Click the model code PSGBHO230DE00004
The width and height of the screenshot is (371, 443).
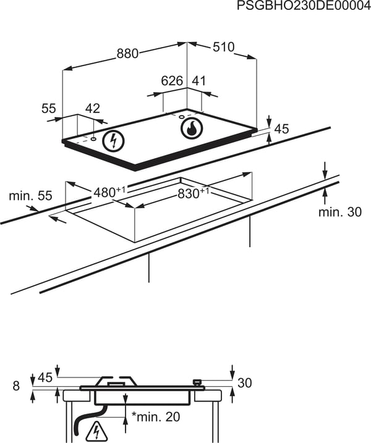point(304,6)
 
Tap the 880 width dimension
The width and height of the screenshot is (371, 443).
point(127,53)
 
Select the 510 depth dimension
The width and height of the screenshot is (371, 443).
point(223,47)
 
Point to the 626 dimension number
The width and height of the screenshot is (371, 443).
point(173,81)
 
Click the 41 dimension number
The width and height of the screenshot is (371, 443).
point(198,81)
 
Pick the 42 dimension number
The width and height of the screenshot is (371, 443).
point(93,109)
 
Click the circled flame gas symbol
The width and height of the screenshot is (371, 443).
point(192,129)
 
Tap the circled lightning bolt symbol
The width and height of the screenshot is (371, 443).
point(114,141)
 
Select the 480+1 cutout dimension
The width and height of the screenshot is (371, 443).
point(109,192)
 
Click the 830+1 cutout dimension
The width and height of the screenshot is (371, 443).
point(194,193)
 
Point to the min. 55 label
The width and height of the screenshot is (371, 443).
point(30,195)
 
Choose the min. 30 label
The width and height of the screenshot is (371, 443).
point(340,212)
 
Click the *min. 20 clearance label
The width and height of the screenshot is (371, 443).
point(156,416)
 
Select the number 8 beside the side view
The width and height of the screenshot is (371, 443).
point(17,386)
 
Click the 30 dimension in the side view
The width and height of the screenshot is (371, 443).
point(245,383)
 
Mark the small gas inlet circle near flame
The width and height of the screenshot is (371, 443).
point(182,117)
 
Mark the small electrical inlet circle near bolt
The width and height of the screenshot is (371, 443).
point(93,139)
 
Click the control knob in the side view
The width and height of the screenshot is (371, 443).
point(197,382)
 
